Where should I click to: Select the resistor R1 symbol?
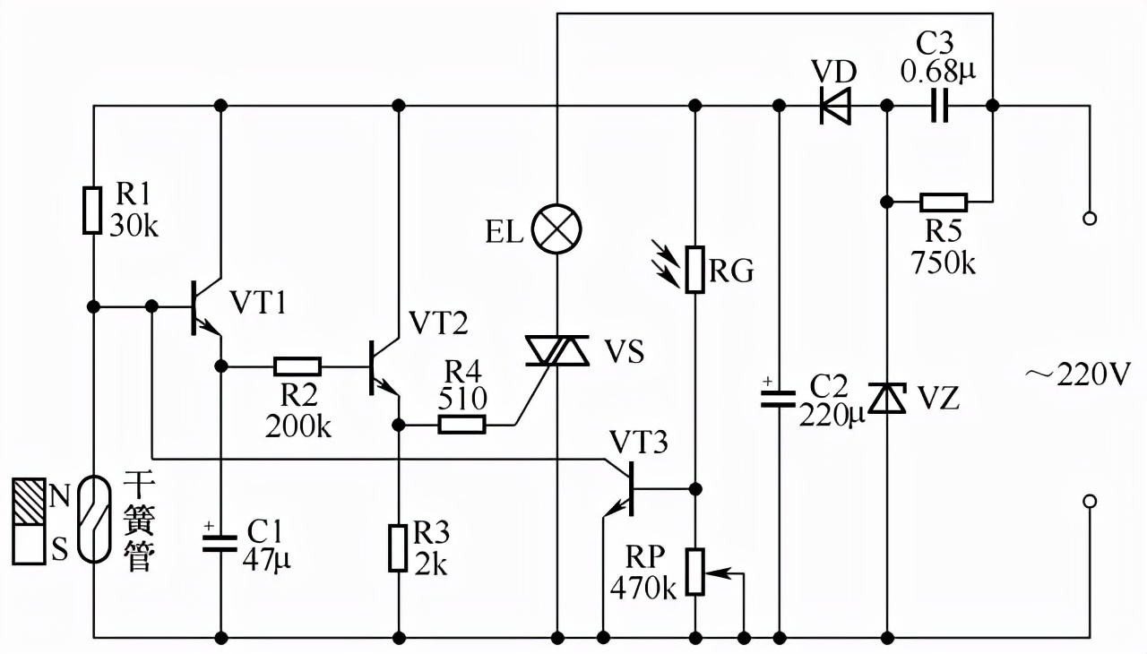[92, 211]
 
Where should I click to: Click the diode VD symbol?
[834, 107]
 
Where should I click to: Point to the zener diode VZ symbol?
[887, 397]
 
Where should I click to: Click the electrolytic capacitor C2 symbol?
[778, 399]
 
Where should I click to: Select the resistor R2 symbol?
[297, 366]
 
